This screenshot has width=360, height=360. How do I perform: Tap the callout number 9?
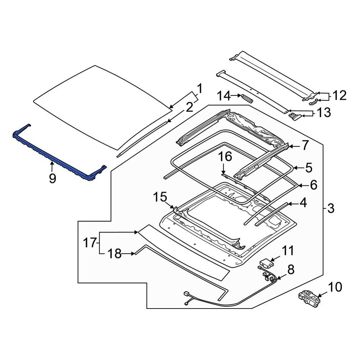(53, 179)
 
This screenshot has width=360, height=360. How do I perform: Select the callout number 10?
(335, 287)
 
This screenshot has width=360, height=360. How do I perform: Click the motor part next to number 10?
(309, 298)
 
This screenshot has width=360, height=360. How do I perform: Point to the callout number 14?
(224, 96)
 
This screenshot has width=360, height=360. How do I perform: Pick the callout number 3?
(330, 208)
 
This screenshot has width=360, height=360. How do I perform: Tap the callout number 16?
(225, 157)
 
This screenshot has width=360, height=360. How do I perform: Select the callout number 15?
(160, 197)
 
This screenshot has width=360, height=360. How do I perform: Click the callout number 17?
(90, 243)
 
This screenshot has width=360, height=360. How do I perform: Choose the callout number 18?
(114, 254)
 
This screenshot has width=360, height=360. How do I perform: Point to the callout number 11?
(287, 251)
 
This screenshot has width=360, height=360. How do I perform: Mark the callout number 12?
(339, 95)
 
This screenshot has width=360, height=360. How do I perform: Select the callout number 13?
(324, 112)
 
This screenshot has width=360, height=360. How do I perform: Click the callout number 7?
(305, 145)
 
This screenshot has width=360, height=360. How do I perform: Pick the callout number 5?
(309, 168)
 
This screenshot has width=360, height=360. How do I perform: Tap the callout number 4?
(303, 203)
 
